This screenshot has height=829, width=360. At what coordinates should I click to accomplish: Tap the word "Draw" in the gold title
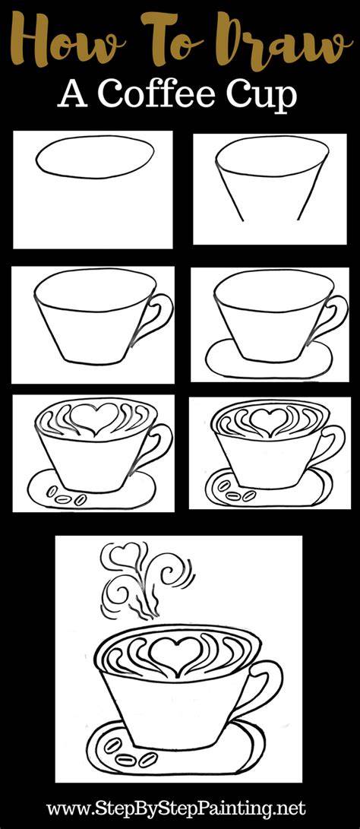(285, 39)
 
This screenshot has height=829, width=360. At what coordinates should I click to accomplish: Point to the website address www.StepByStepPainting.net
(175, 808)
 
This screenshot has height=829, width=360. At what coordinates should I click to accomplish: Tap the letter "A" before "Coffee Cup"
(73, 96)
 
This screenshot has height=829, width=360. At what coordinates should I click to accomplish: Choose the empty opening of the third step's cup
(95, 290)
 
